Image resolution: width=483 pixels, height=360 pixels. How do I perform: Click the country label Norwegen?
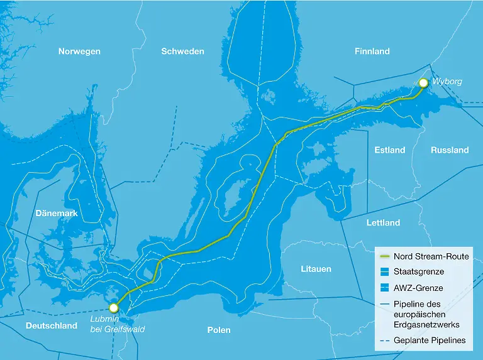(79, 52)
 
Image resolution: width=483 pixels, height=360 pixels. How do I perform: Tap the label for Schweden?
(182, 52)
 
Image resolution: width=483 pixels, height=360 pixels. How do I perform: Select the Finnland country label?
(372, 52)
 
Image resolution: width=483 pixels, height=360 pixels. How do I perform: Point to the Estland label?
(390, 150)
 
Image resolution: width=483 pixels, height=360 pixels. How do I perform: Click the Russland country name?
(450, 150)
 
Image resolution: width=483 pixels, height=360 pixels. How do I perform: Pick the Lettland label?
(383, 223)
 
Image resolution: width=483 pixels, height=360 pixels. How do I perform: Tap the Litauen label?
(316, 269)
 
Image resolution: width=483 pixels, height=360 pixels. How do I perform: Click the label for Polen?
(219, 330)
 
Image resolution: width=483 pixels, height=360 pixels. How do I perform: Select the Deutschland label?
(52, 326)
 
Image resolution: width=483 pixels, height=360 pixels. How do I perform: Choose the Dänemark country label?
(57, 214)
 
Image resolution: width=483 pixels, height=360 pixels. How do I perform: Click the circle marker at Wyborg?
(423, 83)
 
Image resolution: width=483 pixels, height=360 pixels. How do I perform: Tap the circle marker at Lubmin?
(114, 308)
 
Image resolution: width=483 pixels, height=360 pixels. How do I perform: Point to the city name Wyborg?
(447, 82)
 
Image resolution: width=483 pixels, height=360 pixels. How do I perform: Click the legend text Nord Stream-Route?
(431, 256)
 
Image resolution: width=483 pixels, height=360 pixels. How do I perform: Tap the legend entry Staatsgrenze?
(419, 272)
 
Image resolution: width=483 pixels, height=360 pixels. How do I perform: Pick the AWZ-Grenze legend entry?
(418, 288)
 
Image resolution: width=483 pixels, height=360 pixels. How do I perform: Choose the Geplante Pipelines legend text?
(431, 341)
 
